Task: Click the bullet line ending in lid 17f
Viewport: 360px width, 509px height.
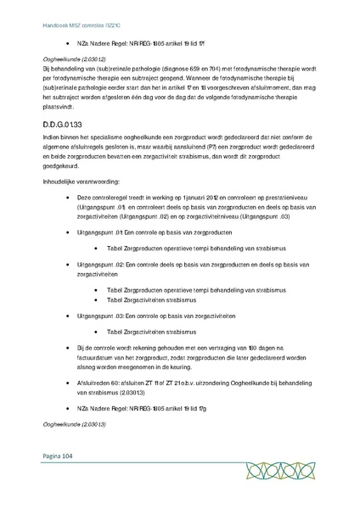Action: coord(127,41)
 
